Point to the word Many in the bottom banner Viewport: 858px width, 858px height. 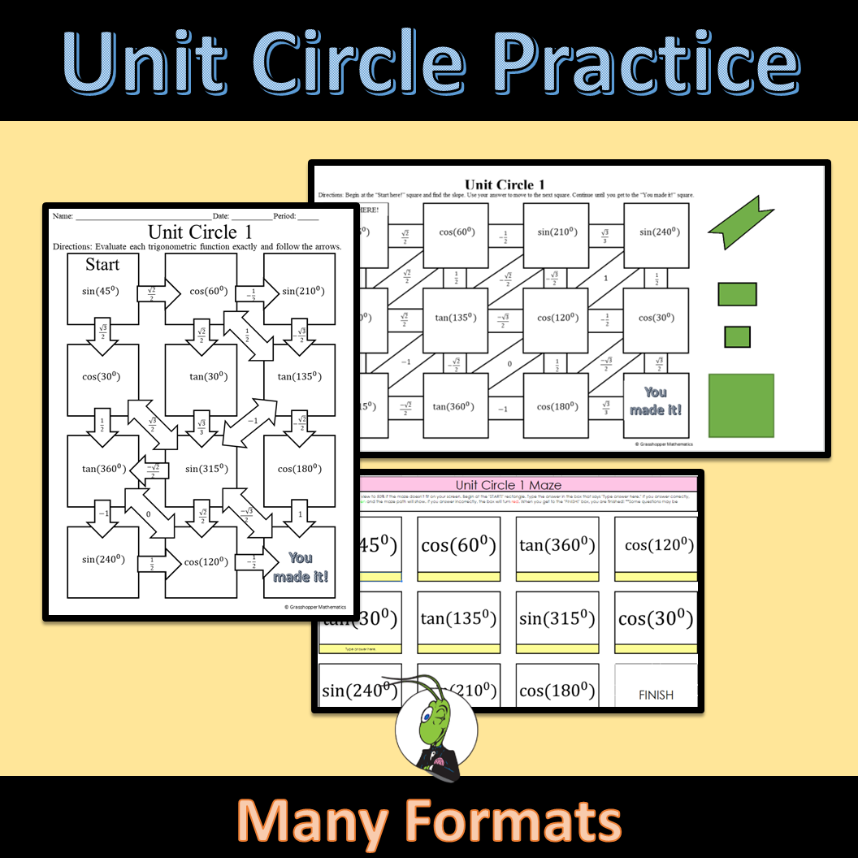pyautogui.click(x=313, y=821)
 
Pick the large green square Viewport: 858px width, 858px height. pyautogui.click(x=741, y=405)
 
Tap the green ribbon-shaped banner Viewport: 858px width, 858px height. pyautogui.click(x=739, y=222)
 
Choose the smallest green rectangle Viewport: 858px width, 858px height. pyautogui.click(x=737, y=336)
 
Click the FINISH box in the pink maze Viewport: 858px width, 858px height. pyautogui.click(x=656, y=695)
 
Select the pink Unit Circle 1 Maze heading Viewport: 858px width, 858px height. pyautogui.click(x=508, y=485)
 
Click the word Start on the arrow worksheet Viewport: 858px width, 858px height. pyautogui.click(x=102, y=265)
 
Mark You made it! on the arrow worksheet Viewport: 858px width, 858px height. pyautogui.click(x=301, y=567)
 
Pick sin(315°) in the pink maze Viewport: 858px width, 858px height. pyautogui.click(x=558, y=619)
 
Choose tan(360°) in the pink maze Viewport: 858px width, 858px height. pyautogui.click(x=558, y=545)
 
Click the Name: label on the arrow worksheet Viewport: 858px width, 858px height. pyautogui.click(x=63, y=216)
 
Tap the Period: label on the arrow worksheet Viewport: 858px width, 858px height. pyautogui.click(x=284, y=216)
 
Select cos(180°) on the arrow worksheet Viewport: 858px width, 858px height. pyautogui.click(x=300, y=469)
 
